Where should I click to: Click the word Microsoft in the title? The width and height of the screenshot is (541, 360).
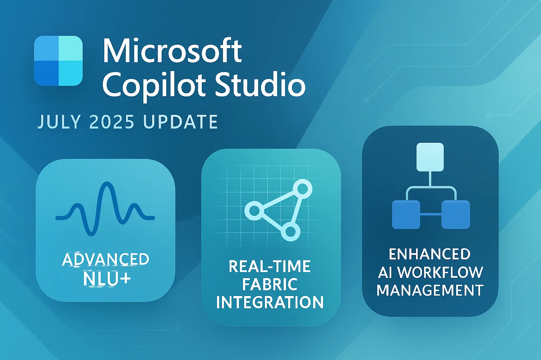point(172,51)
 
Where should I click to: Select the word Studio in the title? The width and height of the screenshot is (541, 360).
point(260,85)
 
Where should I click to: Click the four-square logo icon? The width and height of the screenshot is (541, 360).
point(58,61)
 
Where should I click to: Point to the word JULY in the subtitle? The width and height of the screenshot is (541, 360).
point(59,122)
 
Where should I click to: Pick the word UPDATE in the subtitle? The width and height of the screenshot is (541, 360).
point(180,122)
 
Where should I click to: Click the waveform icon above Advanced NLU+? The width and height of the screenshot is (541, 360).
point(105,208)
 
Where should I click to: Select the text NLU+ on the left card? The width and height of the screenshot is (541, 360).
point(107,279)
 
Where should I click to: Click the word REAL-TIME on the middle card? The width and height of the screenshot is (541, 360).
point(269,266)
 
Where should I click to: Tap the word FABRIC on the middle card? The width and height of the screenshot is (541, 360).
point(269,284)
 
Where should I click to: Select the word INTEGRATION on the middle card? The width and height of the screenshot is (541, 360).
point(269,302)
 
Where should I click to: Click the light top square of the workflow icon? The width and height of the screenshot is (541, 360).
point(430,157)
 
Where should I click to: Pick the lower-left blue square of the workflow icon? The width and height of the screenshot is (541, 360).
point(406,214)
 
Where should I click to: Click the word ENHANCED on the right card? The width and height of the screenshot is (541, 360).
point(430,254)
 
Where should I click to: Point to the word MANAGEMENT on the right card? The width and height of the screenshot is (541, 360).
point(430,290)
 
